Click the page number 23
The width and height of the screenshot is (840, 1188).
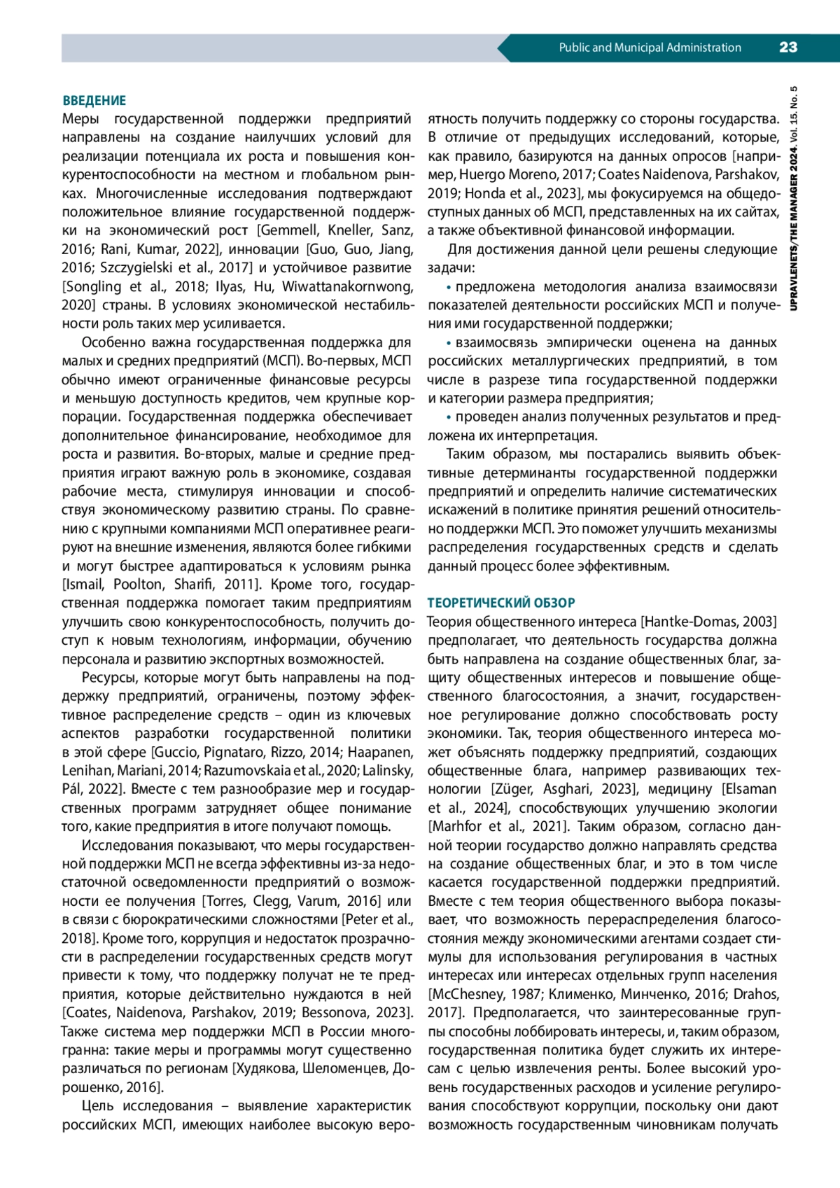[787, 48]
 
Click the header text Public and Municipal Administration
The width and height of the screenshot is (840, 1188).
[650, 48]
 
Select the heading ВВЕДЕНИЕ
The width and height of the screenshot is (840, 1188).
[94, 101]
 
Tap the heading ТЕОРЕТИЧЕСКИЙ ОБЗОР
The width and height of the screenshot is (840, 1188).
[501, 603]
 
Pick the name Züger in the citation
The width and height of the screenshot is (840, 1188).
[519, 789]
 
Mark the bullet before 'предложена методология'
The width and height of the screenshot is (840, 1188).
[449, 287]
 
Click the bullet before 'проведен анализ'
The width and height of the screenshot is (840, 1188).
[449, 417]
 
